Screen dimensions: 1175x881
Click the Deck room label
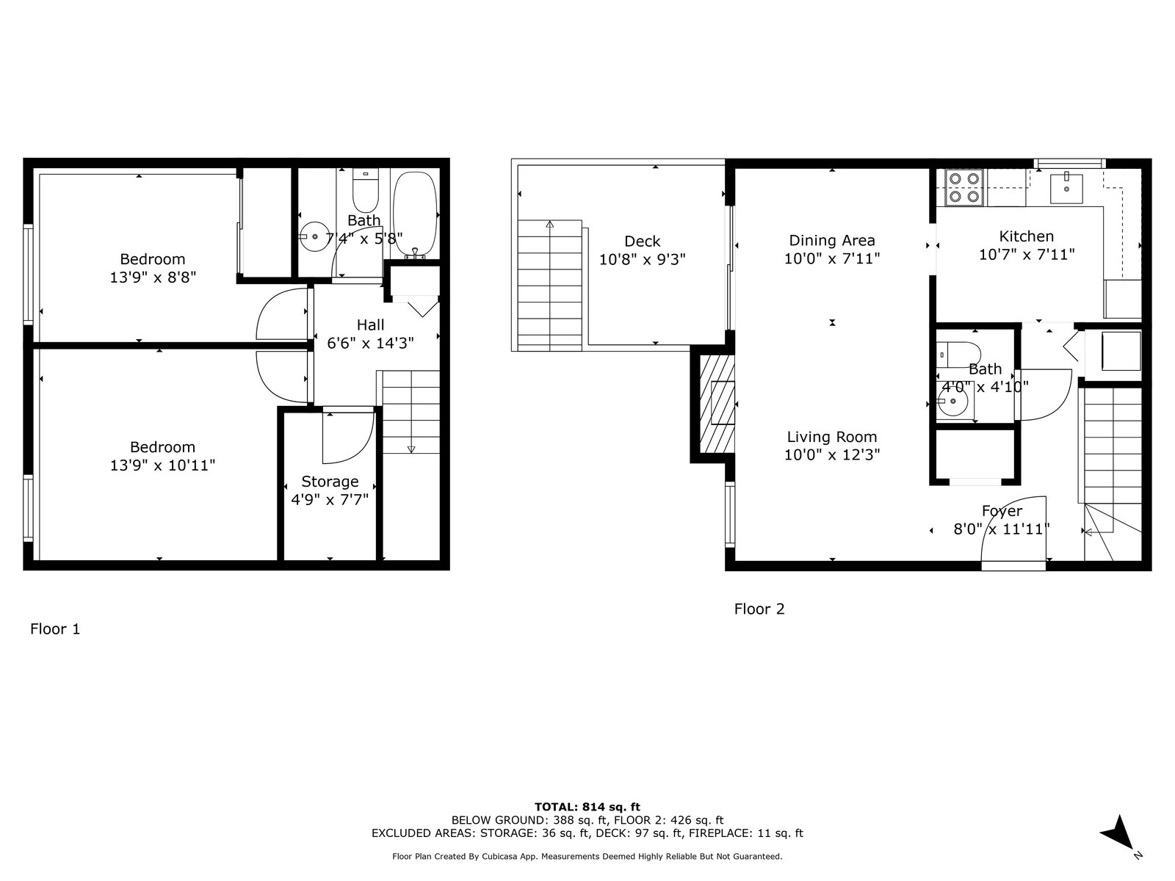coord(642,242)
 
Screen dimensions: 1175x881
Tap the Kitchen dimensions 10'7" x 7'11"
coord(1026,255)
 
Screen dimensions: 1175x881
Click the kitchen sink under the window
coord(1066,189)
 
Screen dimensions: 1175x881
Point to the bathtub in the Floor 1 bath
coord(415,216)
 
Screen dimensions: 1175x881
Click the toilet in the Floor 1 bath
coord(366,190)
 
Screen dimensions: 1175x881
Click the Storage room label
coord(330,482)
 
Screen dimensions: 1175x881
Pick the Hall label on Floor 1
coord(370,325)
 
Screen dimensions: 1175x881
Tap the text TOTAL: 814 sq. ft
coord(587,807)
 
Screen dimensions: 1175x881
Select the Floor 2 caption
coord(759,609)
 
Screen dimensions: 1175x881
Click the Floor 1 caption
coord(55,628)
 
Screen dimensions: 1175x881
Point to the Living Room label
coord(832,437)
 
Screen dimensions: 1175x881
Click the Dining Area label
coord(832,241)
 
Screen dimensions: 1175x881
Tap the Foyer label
coord(1002,512)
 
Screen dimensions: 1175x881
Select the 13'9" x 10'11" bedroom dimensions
coord(162,465)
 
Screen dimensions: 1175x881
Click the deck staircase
coord(550,286)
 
